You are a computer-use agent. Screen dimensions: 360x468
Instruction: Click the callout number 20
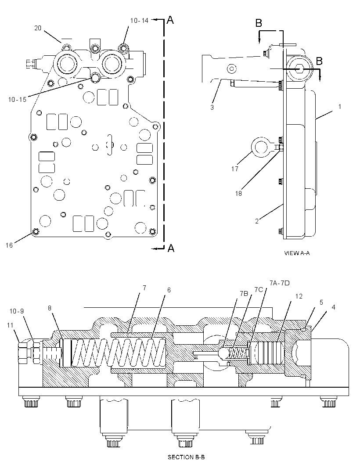click(38, 28)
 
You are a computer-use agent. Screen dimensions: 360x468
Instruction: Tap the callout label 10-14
click(139, 20)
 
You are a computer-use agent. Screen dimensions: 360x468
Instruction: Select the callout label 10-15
click(17, 100)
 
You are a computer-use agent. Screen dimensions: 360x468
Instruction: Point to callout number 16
click(9, 245)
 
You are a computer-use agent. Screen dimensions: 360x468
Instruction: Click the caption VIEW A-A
click(297, 253)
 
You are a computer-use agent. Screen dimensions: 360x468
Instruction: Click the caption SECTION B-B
click(186, 457)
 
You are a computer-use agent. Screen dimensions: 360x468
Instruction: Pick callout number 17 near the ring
click(235, 169)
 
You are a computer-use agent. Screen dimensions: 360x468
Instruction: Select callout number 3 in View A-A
click(212, 107)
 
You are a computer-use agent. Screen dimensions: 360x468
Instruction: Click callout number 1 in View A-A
click(340, 107)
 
